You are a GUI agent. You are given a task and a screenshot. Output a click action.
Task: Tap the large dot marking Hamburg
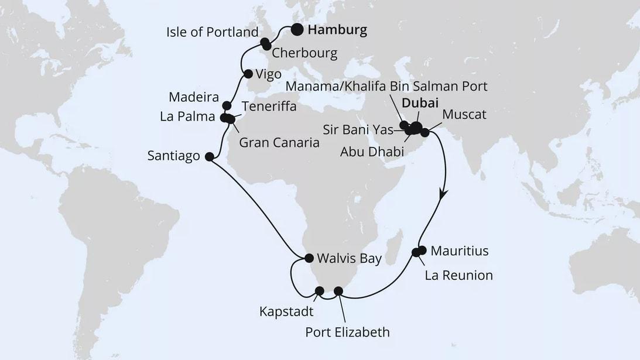click(297, 30)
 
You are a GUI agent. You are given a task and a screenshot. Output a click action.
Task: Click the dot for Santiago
click(209, 156)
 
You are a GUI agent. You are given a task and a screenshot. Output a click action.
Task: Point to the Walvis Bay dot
click(309, 258)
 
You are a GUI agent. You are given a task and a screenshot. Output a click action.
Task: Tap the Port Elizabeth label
click(347, 332)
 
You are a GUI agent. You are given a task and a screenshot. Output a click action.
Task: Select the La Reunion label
click(458, 275)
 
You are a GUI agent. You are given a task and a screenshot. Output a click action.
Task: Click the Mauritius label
click(459, 252)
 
